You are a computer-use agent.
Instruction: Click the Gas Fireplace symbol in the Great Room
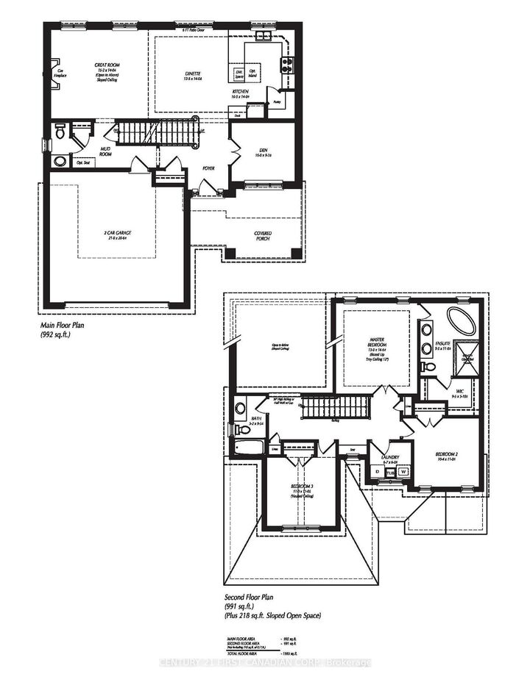pos(52,72)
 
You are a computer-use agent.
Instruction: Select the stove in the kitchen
pos(286,65)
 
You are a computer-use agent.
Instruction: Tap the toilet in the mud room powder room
pos(60,133)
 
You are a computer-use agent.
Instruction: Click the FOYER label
pos(209,168)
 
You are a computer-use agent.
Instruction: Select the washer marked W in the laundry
pos(403,472)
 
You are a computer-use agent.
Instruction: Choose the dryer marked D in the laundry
pos(378,472)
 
